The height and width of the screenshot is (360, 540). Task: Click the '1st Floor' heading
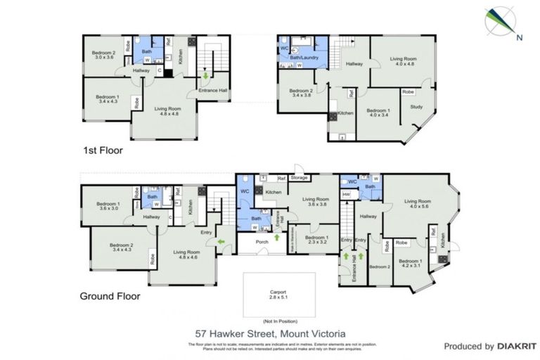98,150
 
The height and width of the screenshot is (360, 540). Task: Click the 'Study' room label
416,108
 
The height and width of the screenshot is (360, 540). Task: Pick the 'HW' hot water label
346,195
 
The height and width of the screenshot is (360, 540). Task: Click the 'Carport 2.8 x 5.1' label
279,294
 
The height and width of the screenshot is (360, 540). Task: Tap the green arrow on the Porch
276,238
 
